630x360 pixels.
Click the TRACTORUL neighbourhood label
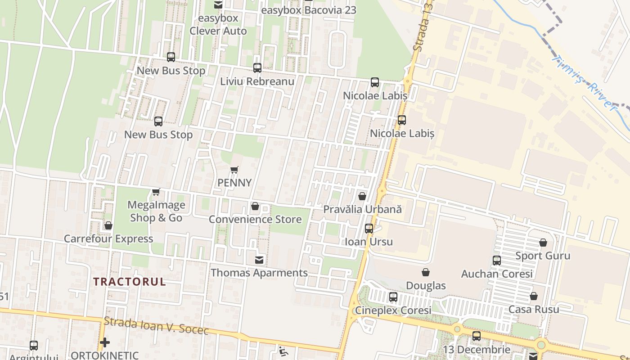(x=130, y=282)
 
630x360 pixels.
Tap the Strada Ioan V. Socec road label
(x=156, y=326)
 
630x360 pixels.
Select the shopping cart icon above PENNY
(x=234, y=170)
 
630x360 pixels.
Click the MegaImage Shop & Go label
(x=156, y=211)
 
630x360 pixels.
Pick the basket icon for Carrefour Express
(x=108, y=225)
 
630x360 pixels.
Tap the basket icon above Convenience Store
(x=255, y=206)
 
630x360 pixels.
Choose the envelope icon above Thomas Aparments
(x=259, y=260)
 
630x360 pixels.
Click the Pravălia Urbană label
(x=362, y=210)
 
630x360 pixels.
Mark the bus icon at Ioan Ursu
(x=369, y=229)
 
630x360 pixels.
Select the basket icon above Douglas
(x=426, y=272)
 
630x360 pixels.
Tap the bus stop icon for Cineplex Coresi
(x=393, y=297)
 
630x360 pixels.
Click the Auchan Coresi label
(x=497, y=274)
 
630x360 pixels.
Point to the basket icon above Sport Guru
(x=543, y=243)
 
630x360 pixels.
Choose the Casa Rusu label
(x=534, y=310)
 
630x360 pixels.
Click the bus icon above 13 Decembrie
(x=477, y=336)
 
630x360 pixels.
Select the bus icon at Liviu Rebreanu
(x=257, y=68)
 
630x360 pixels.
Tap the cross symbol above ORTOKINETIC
(x=105, y=342)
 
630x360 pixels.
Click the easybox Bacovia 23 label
(x=308, y=10)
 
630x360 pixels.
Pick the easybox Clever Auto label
(x=218, y=25)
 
